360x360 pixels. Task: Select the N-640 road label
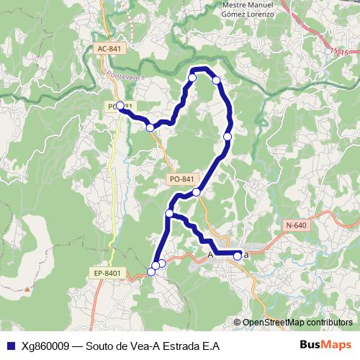click(x=296, y=225)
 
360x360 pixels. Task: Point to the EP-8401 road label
click(x=107, y=274)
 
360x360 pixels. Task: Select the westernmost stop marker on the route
click(x=120, y=106)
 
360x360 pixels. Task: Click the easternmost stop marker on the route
click(x=238, y=255)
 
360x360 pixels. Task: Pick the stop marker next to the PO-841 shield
click(x=196, y=192)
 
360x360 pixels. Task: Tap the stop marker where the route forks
click(x=170, y=213)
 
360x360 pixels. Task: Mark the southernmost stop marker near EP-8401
click(x=151, y=271)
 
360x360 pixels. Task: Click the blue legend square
click(x=9, y=345)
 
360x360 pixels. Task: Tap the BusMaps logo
click(x=325, y=344)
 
